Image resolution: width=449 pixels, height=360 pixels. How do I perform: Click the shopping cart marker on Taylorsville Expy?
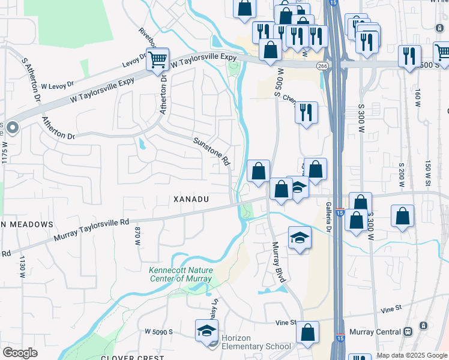tap(157, 59)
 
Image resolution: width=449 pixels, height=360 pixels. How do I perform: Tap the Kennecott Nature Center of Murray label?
tap(180, 275)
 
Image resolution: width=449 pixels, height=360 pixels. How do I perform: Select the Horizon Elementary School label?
tap(256, 343)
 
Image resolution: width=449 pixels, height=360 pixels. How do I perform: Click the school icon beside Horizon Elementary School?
tap(206, 331)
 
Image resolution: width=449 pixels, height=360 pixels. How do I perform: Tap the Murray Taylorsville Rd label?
tap(91, 230)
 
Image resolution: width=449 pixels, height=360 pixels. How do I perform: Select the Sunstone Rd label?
tap(212, 151)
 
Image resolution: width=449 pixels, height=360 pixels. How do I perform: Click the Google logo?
tap(20, 353)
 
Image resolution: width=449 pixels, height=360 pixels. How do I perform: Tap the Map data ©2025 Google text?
tap(412, 355)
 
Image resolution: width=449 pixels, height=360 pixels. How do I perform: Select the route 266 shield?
tap(323, 66)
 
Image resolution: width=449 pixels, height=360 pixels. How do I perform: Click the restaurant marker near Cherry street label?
tap(306, 112)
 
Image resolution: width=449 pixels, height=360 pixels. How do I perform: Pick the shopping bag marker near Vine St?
tap(307, 332)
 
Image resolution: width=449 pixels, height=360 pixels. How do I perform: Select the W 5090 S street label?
tap(158, 331)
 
